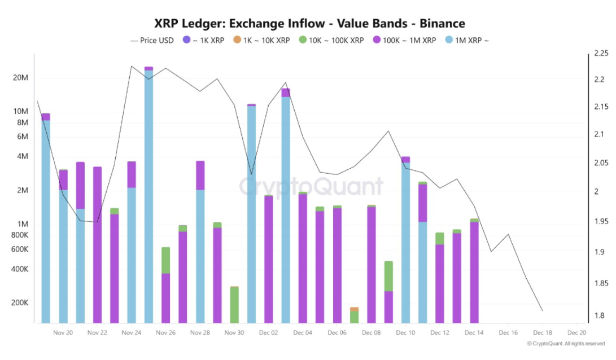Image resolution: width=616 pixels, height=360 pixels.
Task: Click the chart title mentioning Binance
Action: (309, 23)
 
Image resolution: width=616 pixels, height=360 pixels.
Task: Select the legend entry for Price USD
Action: (153, 40)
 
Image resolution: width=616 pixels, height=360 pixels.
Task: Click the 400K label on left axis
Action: (19, 269)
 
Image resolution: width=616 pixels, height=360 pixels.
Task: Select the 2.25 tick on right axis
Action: (601, 54)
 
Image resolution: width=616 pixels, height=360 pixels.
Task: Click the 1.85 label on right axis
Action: (601, 283)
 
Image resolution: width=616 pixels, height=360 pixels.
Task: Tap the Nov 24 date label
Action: (131, 333)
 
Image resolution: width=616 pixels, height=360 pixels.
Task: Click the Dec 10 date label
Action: (405, 333)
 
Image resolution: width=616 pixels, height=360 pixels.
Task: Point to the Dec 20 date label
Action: (576, 333)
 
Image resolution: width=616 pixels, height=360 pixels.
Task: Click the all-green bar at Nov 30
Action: (234, 305)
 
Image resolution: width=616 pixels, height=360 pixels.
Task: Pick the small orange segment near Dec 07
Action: (354, 309)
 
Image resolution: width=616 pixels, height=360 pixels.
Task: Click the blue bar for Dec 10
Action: (405, 243)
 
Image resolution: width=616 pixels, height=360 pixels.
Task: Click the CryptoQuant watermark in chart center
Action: (311, 186)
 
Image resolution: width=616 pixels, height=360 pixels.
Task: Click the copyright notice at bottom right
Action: (566, 344)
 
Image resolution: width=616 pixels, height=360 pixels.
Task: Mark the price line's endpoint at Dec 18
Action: (543, 311)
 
